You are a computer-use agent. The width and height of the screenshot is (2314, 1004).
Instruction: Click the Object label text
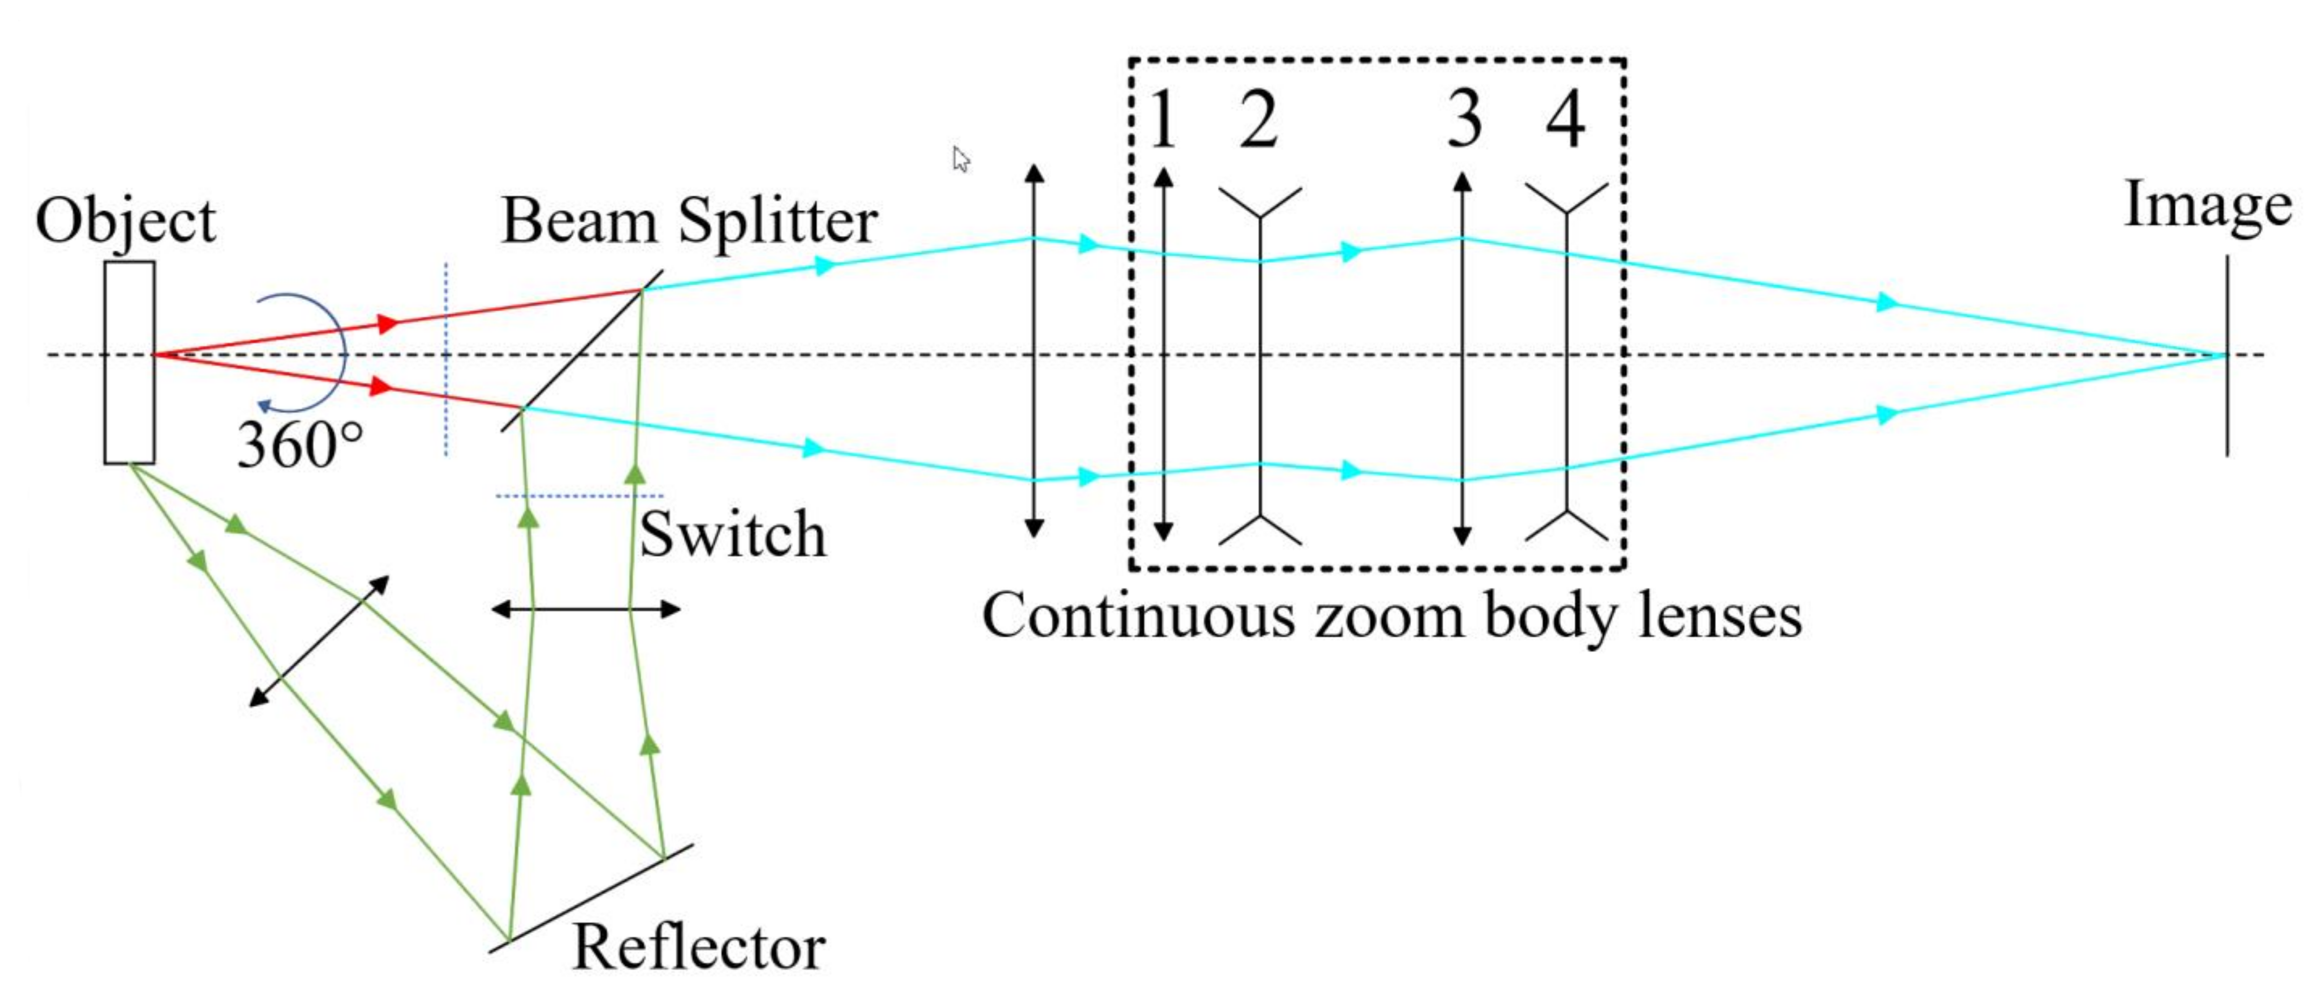[x=126, y=221]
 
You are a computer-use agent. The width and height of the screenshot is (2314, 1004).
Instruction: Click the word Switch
[x=732, y=535]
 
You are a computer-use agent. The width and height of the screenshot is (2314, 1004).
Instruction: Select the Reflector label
[x=699, y=948]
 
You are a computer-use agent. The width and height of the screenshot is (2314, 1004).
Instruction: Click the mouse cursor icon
[x=961, y=160]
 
